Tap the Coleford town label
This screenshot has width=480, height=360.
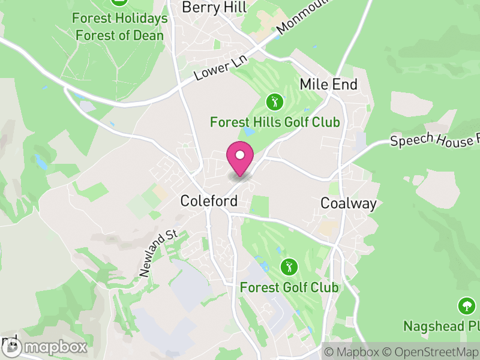click(209, 201)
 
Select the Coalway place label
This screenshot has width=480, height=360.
click(349, 203)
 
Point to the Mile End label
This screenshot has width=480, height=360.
click(328, 84)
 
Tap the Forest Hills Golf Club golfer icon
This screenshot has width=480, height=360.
click(275, 102)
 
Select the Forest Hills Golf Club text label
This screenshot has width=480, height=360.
click(275, 122)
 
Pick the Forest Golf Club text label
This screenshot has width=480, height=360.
click(289, 287)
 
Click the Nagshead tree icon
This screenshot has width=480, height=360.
click(466, 306)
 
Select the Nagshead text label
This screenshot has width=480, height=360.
click(442, 326)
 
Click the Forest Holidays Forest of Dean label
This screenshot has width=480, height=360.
click(120, 27)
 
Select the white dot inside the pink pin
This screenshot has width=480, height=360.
click(240, 155)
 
